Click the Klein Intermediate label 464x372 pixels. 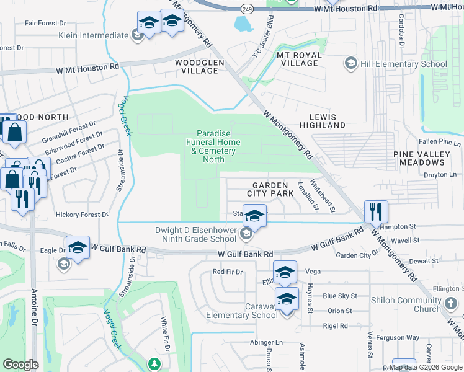point(93,35)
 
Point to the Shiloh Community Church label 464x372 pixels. point(407,305)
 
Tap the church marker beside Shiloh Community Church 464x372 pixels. point(452,304)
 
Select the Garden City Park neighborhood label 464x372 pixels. point(270,189)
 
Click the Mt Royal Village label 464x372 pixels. point(299,60)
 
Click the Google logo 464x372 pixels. point(21,365)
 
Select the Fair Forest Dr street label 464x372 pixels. point(45,23)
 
